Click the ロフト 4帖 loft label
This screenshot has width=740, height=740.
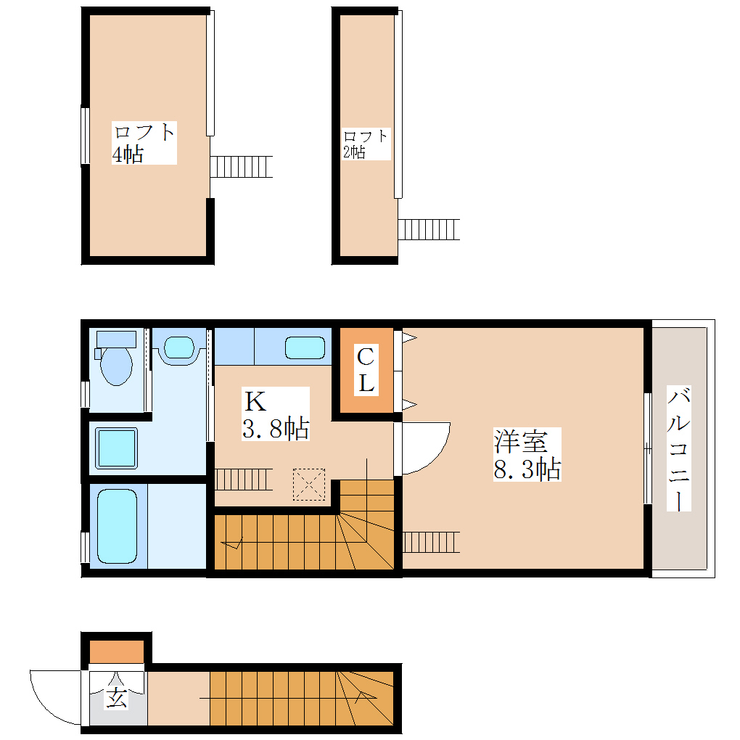click(144, 143)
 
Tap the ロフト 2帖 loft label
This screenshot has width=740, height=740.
click(366, 144)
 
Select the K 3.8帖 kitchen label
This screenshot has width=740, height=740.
click(276, 414)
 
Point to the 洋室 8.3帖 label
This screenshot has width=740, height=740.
click(527, 454)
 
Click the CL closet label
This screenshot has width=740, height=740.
click(366, 371)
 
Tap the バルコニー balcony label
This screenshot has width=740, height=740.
click(678, 448)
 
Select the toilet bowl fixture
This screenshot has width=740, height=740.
click(115, 358)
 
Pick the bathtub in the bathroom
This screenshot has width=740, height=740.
click(117, 526)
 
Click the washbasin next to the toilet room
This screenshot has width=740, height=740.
click(179, 348)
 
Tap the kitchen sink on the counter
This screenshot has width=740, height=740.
click(305, 348)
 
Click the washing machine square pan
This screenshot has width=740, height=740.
click(117, 448)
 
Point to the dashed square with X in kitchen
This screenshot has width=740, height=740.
click(309, 484)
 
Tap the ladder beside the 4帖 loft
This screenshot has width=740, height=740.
click(241, 167)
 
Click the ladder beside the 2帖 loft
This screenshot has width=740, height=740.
click(429, 229)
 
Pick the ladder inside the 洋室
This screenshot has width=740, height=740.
click(431, 542)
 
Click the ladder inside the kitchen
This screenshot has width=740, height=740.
click(244, 480)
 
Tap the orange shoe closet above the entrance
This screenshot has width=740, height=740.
click(117, 651)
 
